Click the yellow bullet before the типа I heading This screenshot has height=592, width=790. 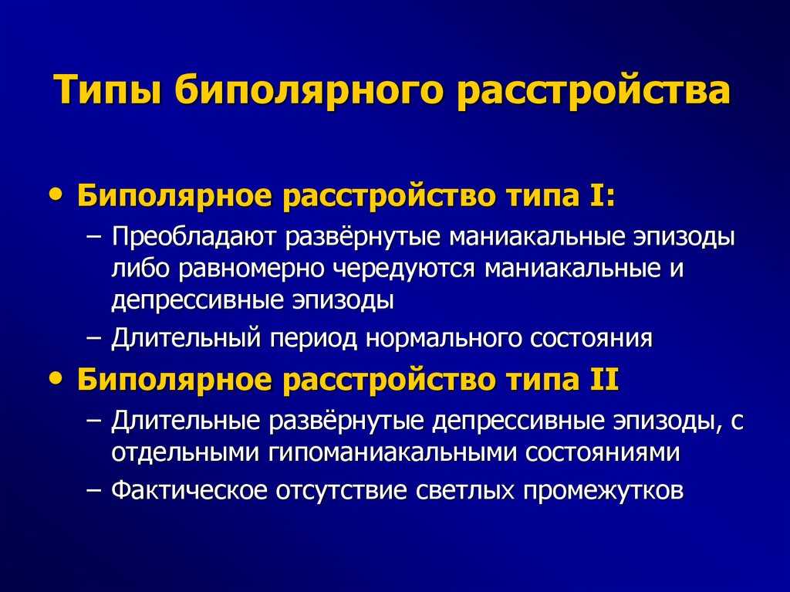pos(59,195)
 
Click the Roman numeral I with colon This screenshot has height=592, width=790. pos(602,195)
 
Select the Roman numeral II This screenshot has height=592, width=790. pos(605,379)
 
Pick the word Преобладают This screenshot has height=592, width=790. pos(194,237)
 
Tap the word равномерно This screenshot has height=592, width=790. pos(252,269)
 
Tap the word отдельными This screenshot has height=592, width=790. pos(185,452)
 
